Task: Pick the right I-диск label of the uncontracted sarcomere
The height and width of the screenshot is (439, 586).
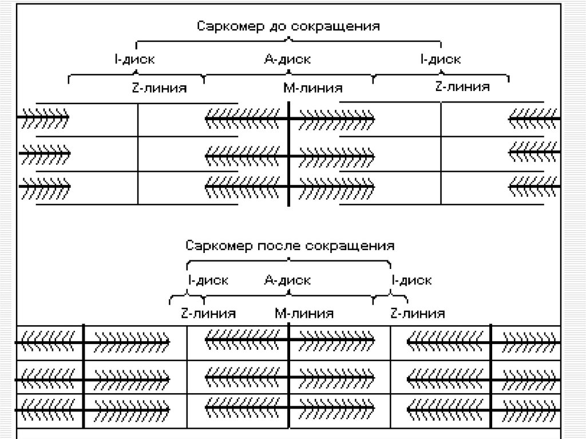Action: [440, 59]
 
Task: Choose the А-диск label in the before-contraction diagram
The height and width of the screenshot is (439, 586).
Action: [288, 59]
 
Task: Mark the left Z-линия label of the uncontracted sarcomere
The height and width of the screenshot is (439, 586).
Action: [156, 88]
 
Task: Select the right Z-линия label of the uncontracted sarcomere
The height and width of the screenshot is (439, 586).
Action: [462, 87]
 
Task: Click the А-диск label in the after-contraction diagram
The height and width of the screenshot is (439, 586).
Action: [288, 280]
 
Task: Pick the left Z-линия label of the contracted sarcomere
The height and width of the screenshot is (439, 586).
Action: [208, 313]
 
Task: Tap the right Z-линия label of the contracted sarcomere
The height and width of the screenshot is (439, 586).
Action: [417, 313]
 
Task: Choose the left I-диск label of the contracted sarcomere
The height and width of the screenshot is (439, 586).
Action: [208, 280]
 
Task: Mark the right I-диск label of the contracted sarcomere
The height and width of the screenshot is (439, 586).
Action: [412, 280]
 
